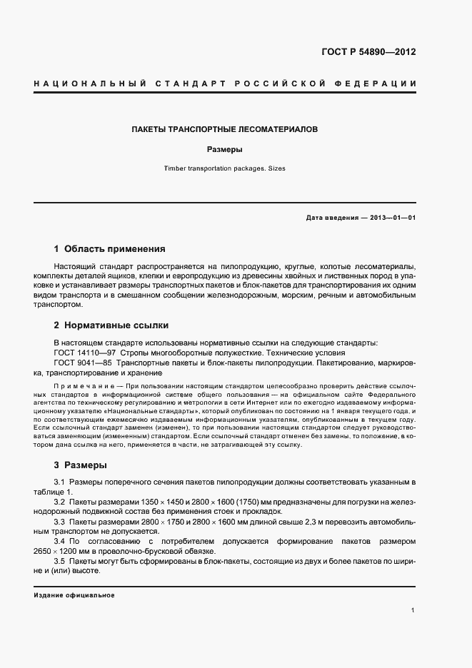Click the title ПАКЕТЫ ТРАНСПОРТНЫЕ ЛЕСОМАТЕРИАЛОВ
(x=225, y=130)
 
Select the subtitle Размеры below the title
(x=225, y=150)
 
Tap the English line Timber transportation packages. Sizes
(x=225, y=169)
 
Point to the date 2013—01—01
(x=393, y=217)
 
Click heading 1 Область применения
(x=109, y=249)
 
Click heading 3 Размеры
(x=80, y=465)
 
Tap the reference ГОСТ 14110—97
(x=82, y=353)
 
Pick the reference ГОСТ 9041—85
(x=81, y=363)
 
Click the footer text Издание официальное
(x=74, y=595)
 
